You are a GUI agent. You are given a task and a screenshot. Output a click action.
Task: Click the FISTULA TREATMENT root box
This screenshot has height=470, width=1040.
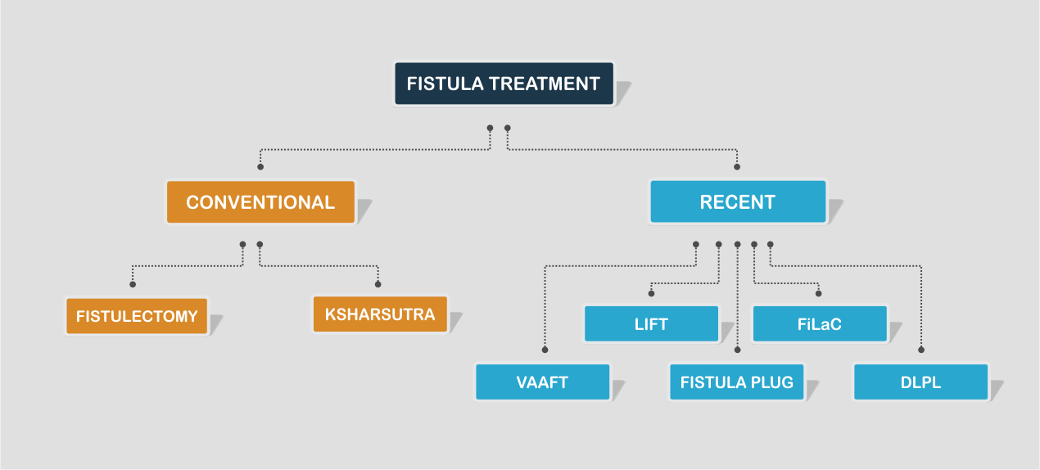(x=504, y=84)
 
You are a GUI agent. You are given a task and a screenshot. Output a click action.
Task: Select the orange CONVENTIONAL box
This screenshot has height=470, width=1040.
(x=260, y=202)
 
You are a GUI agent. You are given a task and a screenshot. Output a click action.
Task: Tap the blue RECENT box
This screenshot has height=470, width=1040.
(x=737, y=202)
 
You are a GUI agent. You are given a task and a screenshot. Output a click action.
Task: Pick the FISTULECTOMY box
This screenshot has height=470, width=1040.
(x=137, y=316)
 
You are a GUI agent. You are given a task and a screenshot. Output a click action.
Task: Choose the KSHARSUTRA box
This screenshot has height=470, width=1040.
(x=380, y=314)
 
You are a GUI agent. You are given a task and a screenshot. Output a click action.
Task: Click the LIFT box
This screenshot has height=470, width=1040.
(x=651, y=323)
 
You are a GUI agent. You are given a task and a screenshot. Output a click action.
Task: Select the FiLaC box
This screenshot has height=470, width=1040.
(x=819, y=323)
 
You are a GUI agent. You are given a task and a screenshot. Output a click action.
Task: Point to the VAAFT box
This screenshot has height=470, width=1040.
(x=542, y=382)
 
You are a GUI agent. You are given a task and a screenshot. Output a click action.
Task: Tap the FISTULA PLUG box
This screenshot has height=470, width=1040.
(x=736, y=382)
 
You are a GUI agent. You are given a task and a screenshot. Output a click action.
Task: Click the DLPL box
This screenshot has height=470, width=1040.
(x=920, y=382)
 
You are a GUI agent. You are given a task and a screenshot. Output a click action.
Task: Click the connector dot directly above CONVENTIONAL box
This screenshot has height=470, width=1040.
(x=260, y=167)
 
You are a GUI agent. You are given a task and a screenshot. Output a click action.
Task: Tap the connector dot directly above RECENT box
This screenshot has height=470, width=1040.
(x=737, y=167)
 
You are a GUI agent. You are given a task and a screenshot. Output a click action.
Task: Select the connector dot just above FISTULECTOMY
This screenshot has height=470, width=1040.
(x=133, y=284)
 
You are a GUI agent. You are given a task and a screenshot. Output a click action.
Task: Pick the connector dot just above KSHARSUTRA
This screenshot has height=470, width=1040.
(x=378, y=284)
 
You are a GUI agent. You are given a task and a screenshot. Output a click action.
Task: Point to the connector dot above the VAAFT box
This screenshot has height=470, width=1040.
(x=543, y=350)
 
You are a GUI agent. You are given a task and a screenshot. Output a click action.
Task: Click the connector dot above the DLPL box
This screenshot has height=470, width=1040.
(x=921, y=350)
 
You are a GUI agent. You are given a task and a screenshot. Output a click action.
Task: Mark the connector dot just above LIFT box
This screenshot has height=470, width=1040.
(x=651, y=292)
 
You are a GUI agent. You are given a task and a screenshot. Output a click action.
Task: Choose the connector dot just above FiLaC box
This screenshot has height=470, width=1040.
(x=818, y=292)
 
